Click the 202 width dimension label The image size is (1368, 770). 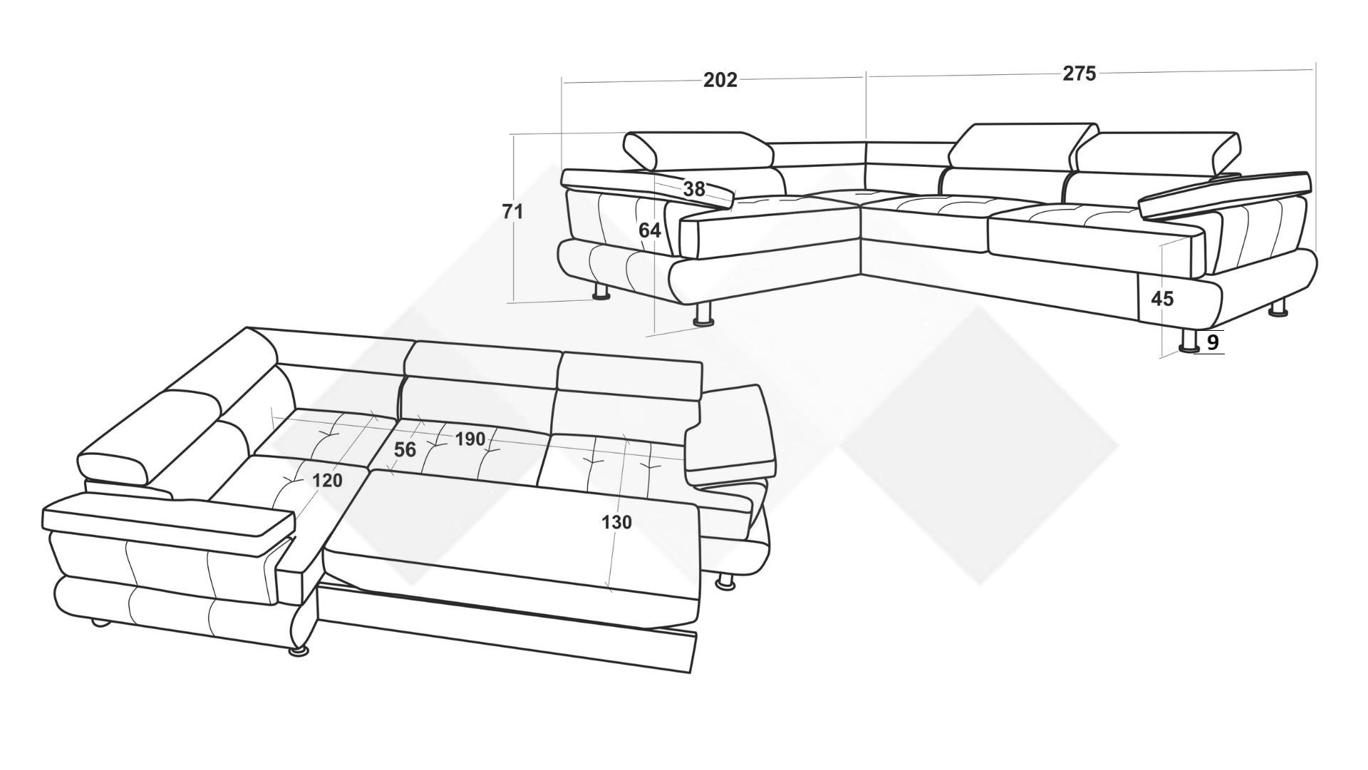point(720,80)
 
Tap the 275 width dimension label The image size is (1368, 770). point(1079,73)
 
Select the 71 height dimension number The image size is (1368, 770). point(513,212)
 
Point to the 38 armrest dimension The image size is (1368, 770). point(694,189)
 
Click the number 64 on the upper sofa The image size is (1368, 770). point(649,230)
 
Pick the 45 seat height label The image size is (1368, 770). point(1162,299)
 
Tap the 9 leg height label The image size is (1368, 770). point(1213,343)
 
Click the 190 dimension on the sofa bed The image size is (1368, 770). point(470,439)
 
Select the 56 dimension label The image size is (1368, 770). point(405,449)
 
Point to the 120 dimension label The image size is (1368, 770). point(327,481)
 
